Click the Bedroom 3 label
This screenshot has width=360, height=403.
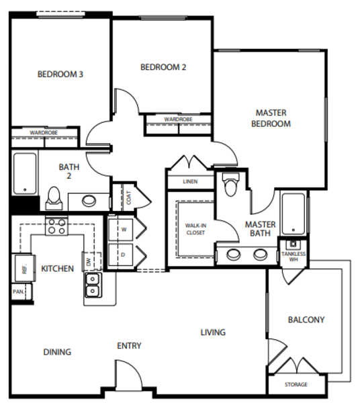click(60, 75)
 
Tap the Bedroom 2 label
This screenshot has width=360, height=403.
click(163, 67)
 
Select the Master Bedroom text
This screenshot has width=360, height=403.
click(271, 118)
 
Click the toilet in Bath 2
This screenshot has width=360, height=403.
click(54, 198)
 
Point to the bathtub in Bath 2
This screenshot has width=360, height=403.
click(25, 173)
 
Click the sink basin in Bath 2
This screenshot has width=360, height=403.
click(89, 201)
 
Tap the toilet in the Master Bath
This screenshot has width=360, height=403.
click(231, 184)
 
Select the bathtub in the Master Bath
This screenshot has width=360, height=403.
click(294, 214)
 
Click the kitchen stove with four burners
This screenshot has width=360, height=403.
click(57, 226)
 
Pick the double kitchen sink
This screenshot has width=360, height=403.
click(93, 285)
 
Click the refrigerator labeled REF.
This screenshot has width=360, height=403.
click(25, 268)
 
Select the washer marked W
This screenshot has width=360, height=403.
click(121, 230)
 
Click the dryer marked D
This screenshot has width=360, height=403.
click(121, 255)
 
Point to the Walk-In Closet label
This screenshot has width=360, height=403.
click(196, 229)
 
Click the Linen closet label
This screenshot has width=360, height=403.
click(190, 181)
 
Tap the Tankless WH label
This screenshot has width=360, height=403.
click(294, 257)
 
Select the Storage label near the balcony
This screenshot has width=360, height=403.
click(296, 384)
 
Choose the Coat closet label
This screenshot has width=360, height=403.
click(129, 197)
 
